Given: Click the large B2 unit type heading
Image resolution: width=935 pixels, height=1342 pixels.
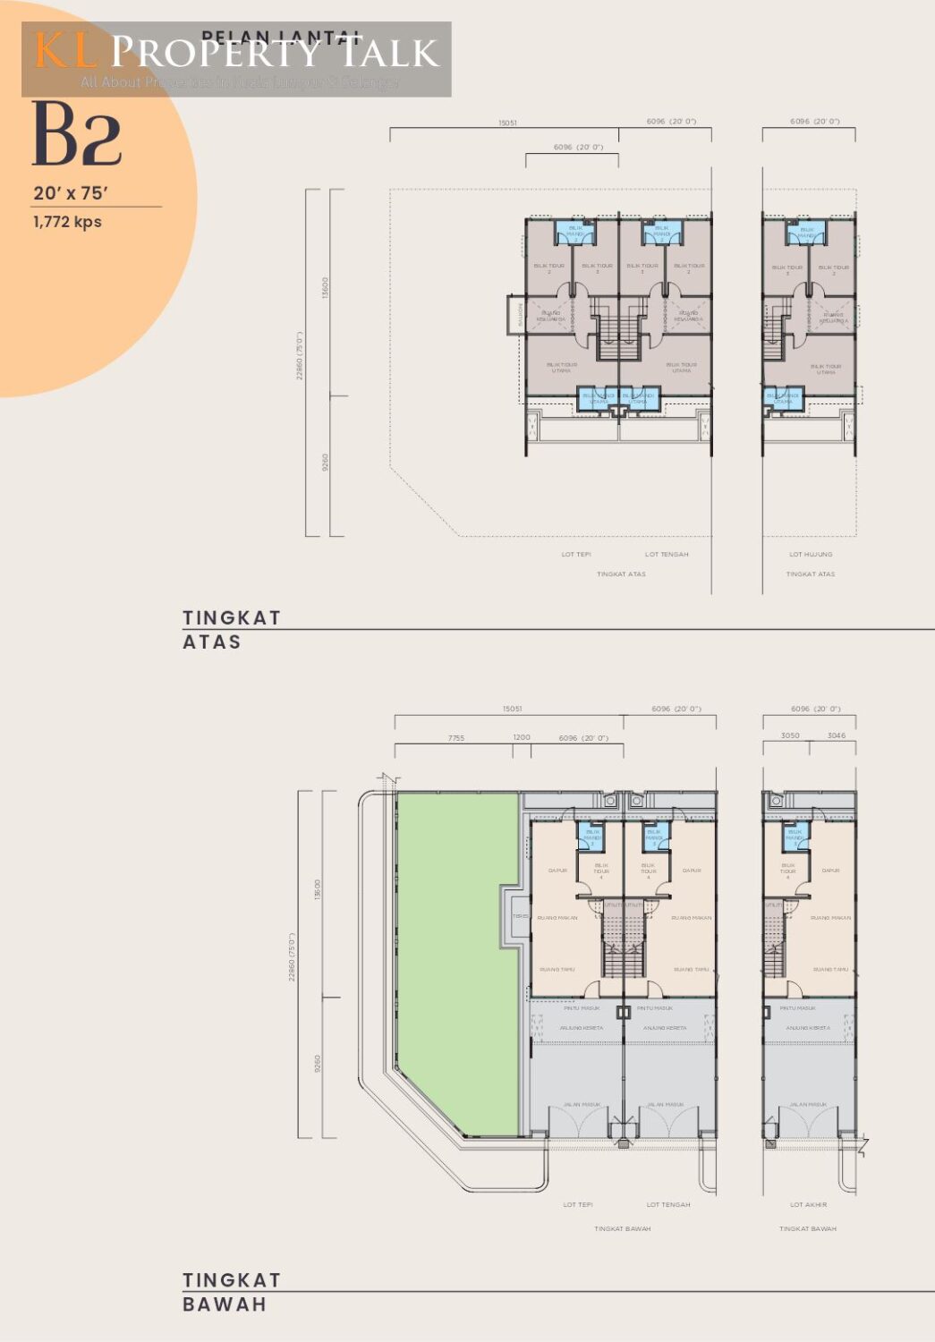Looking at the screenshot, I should click(x=77, y=135).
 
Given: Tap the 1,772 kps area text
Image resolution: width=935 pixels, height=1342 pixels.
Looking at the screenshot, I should click(x=67, y=222).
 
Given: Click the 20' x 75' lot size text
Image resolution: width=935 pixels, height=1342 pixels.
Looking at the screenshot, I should click(x=71, y=193).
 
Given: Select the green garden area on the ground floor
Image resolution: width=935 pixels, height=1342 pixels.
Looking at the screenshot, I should click(x=456, y=957).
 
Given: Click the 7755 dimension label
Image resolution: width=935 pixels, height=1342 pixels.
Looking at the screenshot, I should click(x=456, y=738).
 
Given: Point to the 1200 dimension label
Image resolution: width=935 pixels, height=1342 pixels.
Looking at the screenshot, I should click(x=522, y=738).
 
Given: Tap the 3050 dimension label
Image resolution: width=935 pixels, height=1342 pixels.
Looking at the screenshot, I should click(x=790, y=736).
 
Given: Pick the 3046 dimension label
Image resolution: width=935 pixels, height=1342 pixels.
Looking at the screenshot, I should click(x=836, y=736).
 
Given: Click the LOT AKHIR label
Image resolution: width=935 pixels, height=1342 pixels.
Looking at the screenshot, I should click(x=808, y=1205).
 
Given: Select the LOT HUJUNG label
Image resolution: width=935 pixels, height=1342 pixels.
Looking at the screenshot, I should click(x=811, y=555).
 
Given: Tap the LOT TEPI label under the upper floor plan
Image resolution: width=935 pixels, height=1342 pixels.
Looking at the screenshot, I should click(x=576, y=555).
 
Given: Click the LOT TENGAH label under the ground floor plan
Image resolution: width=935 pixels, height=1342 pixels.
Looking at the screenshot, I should click(x=668, y=1205).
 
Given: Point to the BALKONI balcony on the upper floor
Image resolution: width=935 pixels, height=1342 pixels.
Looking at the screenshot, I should click(x=517, y=315).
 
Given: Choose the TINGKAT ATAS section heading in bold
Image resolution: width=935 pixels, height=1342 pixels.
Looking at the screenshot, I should click(x=231, y=630).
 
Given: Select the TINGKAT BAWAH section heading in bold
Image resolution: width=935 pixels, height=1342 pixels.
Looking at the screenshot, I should click(x=231, y=1292).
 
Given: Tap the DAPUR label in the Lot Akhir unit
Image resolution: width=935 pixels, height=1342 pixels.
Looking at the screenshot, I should click(x=830, y=871).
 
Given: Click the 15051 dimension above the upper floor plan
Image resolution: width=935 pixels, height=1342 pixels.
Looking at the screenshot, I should click(x=507, y=123).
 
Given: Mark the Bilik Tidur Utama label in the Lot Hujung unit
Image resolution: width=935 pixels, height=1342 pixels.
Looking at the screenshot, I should click(x=825, y=368).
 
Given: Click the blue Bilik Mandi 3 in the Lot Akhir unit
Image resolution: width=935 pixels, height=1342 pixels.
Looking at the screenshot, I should click(x=795, y=836).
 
